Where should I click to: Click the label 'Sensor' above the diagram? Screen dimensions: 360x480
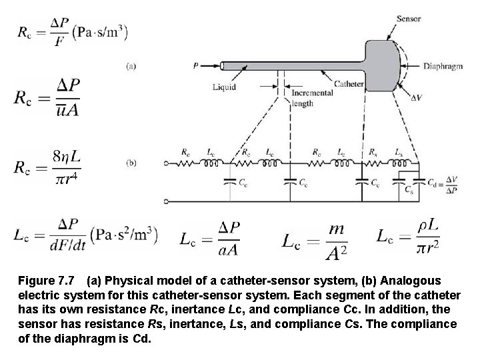point(407,19)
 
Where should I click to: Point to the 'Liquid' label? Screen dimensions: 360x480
point(224,86)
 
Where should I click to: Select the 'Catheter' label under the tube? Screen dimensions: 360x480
point(348,84)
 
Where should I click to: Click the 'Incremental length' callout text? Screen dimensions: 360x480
point(312,98)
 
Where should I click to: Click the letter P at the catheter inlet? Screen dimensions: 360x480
point(195,65)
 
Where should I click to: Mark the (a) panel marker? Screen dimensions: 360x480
point(131,66)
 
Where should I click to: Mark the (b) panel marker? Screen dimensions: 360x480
point(131,162)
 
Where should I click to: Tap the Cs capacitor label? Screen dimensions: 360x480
point(408,189)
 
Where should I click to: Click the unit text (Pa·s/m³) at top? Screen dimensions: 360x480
point(100,31)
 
